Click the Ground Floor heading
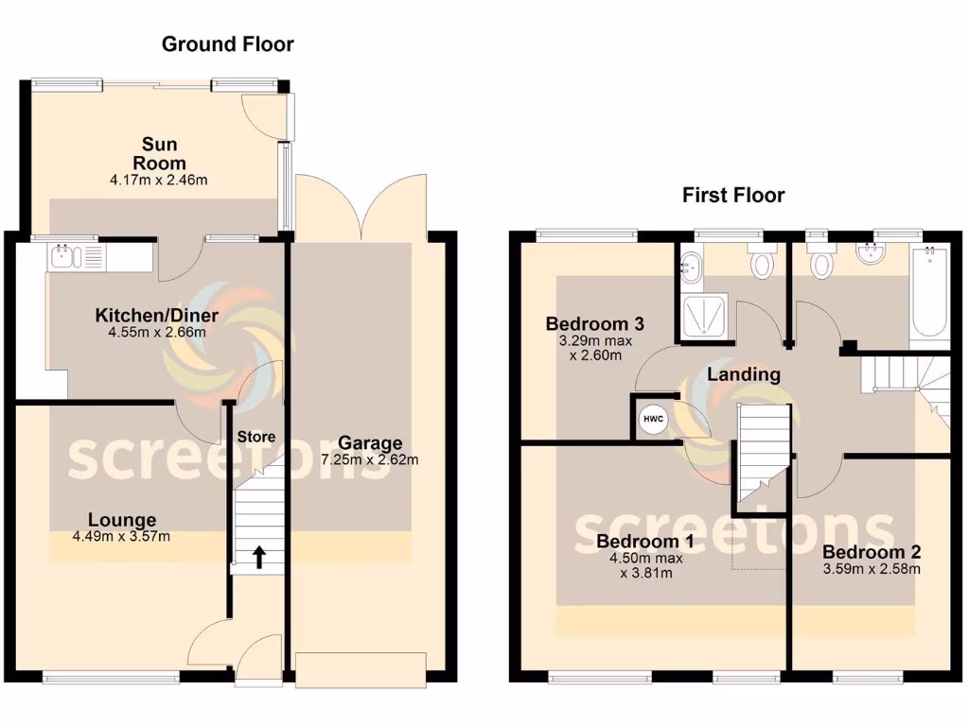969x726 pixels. pyautogui.click(x=227, y=43)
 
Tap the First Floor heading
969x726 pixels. pyautogui.click(x=733, y=196)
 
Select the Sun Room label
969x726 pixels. pyautogui.click(x=159, y=154)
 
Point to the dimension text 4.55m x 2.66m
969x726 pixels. pyautogui.click(x=156, y=333)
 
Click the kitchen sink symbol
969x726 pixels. pyautogui.click(x=63, y=254)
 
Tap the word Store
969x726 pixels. pyautogui.click(x=255, y=437)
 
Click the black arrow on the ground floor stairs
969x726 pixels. pyautogui.click(x=259, y=557)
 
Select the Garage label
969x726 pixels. pyautogui.click(x=370, y=443)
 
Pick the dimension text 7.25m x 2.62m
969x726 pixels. pyautogui.click(x=370, y=460)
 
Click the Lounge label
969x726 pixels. pyautogui.click(x=122, y=520)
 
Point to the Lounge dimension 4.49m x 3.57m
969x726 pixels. pyautogui.click(x=122, y=537)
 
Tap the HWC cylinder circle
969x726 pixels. pyautogui.click(x=653, y=418)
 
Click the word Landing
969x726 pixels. pyautogui.click(x=744, y=374)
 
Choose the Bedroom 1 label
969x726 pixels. pyautogui.click(x=645, y=542)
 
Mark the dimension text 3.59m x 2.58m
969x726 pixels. pyautogui.click(x=872, y=569)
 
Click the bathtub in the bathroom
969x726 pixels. pyautogui.click(x=929, y=293)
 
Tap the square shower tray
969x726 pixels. pyautogui.click(x=704, y=315)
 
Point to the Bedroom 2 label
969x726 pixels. pyautogui.click(x=872, y=552)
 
